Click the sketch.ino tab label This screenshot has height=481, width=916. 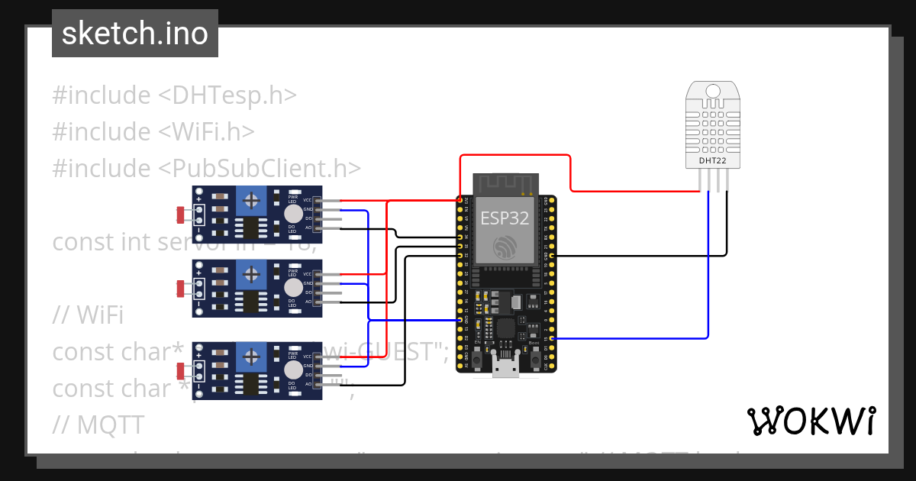(x=134, y=34)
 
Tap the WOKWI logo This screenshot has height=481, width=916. (x=810, y=421)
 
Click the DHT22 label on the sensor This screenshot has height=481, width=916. (x=713, y=161)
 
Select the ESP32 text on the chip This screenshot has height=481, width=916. (x=505, y=218)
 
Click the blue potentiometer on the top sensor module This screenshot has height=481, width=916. (x=250, y=202)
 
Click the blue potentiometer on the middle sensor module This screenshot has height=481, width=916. (x=250, y=274)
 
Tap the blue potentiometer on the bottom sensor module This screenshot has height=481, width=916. (x=250, y=357)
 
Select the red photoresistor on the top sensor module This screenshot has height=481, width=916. (x=180, y=215)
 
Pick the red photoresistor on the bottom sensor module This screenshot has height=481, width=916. (x=180, y=371)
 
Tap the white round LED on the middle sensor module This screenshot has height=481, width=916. (x=292, y=287)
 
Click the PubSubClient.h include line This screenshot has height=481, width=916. (x=206, y=168)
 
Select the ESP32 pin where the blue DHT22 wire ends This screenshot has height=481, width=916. (x=552, y=337)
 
